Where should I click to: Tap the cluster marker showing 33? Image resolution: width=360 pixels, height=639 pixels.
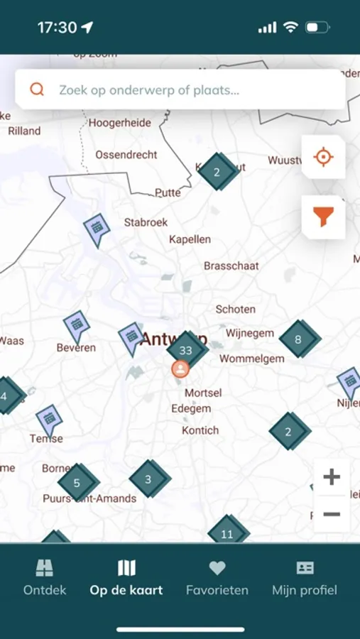coord(186,350)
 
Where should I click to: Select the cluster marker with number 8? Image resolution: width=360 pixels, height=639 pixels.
coord(298,339)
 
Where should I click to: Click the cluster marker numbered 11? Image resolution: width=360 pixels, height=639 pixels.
coord(227,534)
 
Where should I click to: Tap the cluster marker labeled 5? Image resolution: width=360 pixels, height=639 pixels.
coord(77,483)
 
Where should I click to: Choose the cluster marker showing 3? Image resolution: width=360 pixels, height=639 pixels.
coord(148,479)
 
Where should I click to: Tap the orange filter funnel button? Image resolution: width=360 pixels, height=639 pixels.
coord(323,217)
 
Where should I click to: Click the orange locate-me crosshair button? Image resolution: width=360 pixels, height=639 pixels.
coord(323,157)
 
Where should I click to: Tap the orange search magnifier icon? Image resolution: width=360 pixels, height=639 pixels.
coord(37,89)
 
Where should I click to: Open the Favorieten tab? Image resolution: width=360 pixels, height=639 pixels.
coord(217,578)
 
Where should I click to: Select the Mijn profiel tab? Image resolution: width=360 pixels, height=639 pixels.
coord(305,578)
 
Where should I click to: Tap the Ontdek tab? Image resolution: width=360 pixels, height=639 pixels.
coord(45,578)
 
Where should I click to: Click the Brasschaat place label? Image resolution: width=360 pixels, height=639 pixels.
coord(231,266)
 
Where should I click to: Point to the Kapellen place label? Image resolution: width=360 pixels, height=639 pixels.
coord(190,239)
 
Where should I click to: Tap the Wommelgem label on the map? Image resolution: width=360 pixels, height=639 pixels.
coord(251,359)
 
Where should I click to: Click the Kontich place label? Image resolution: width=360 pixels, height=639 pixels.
coord(200,430)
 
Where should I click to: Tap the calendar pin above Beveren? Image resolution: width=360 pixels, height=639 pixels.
coord(76,325)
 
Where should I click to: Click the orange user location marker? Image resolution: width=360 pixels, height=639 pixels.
coord(181,369)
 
